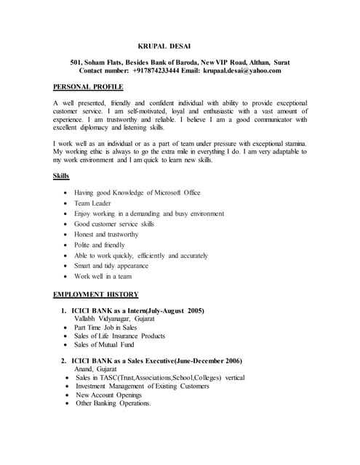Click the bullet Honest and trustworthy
(106, 235)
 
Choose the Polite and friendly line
(100, 245)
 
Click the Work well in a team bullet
(103, 276)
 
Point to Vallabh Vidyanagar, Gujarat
(114, 318)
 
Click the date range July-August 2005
(175, 310)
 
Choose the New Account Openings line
(113, 395)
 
